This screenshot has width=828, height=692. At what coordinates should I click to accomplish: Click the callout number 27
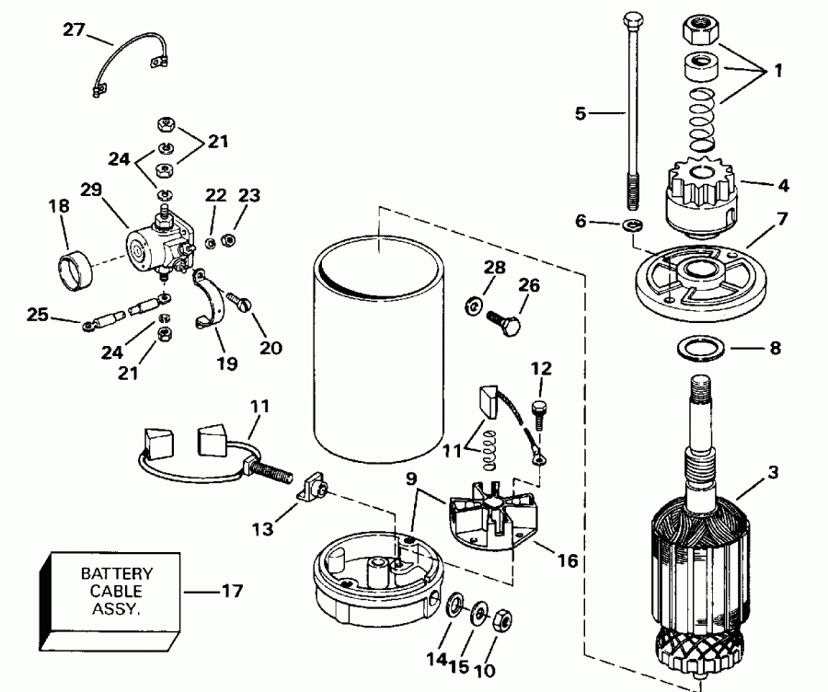[x=74, y=30]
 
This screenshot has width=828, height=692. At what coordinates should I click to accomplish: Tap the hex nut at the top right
[x=700, y=33]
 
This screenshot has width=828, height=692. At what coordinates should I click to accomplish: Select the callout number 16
[x=570, y=559]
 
